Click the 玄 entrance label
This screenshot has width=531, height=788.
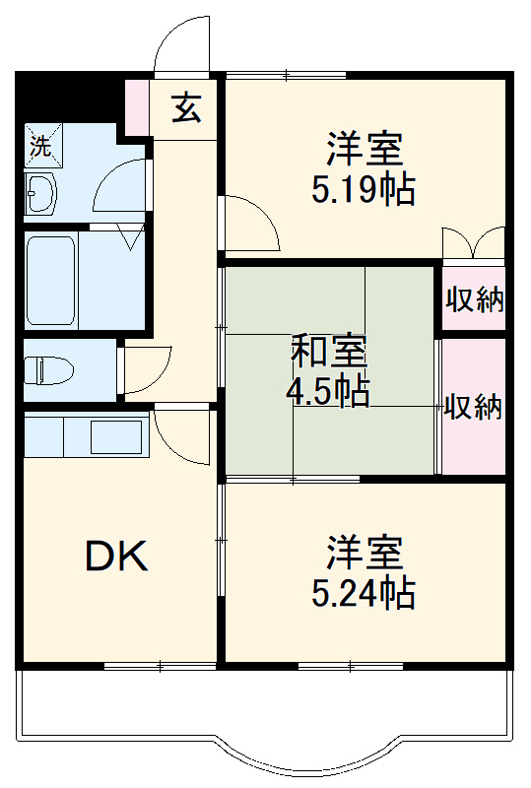187,107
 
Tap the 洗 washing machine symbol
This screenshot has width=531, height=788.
40,147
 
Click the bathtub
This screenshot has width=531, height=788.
50,282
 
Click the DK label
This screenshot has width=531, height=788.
116,558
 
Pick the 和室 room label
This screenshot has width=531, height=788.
329,350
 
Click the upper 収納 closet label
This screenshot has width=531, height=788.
474,299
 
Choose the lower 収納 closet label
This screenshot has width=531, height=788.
473,407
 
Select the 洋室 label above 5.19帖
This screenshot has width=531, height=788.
364,150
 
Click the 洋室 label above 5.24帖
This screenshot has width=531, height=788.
364,553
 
